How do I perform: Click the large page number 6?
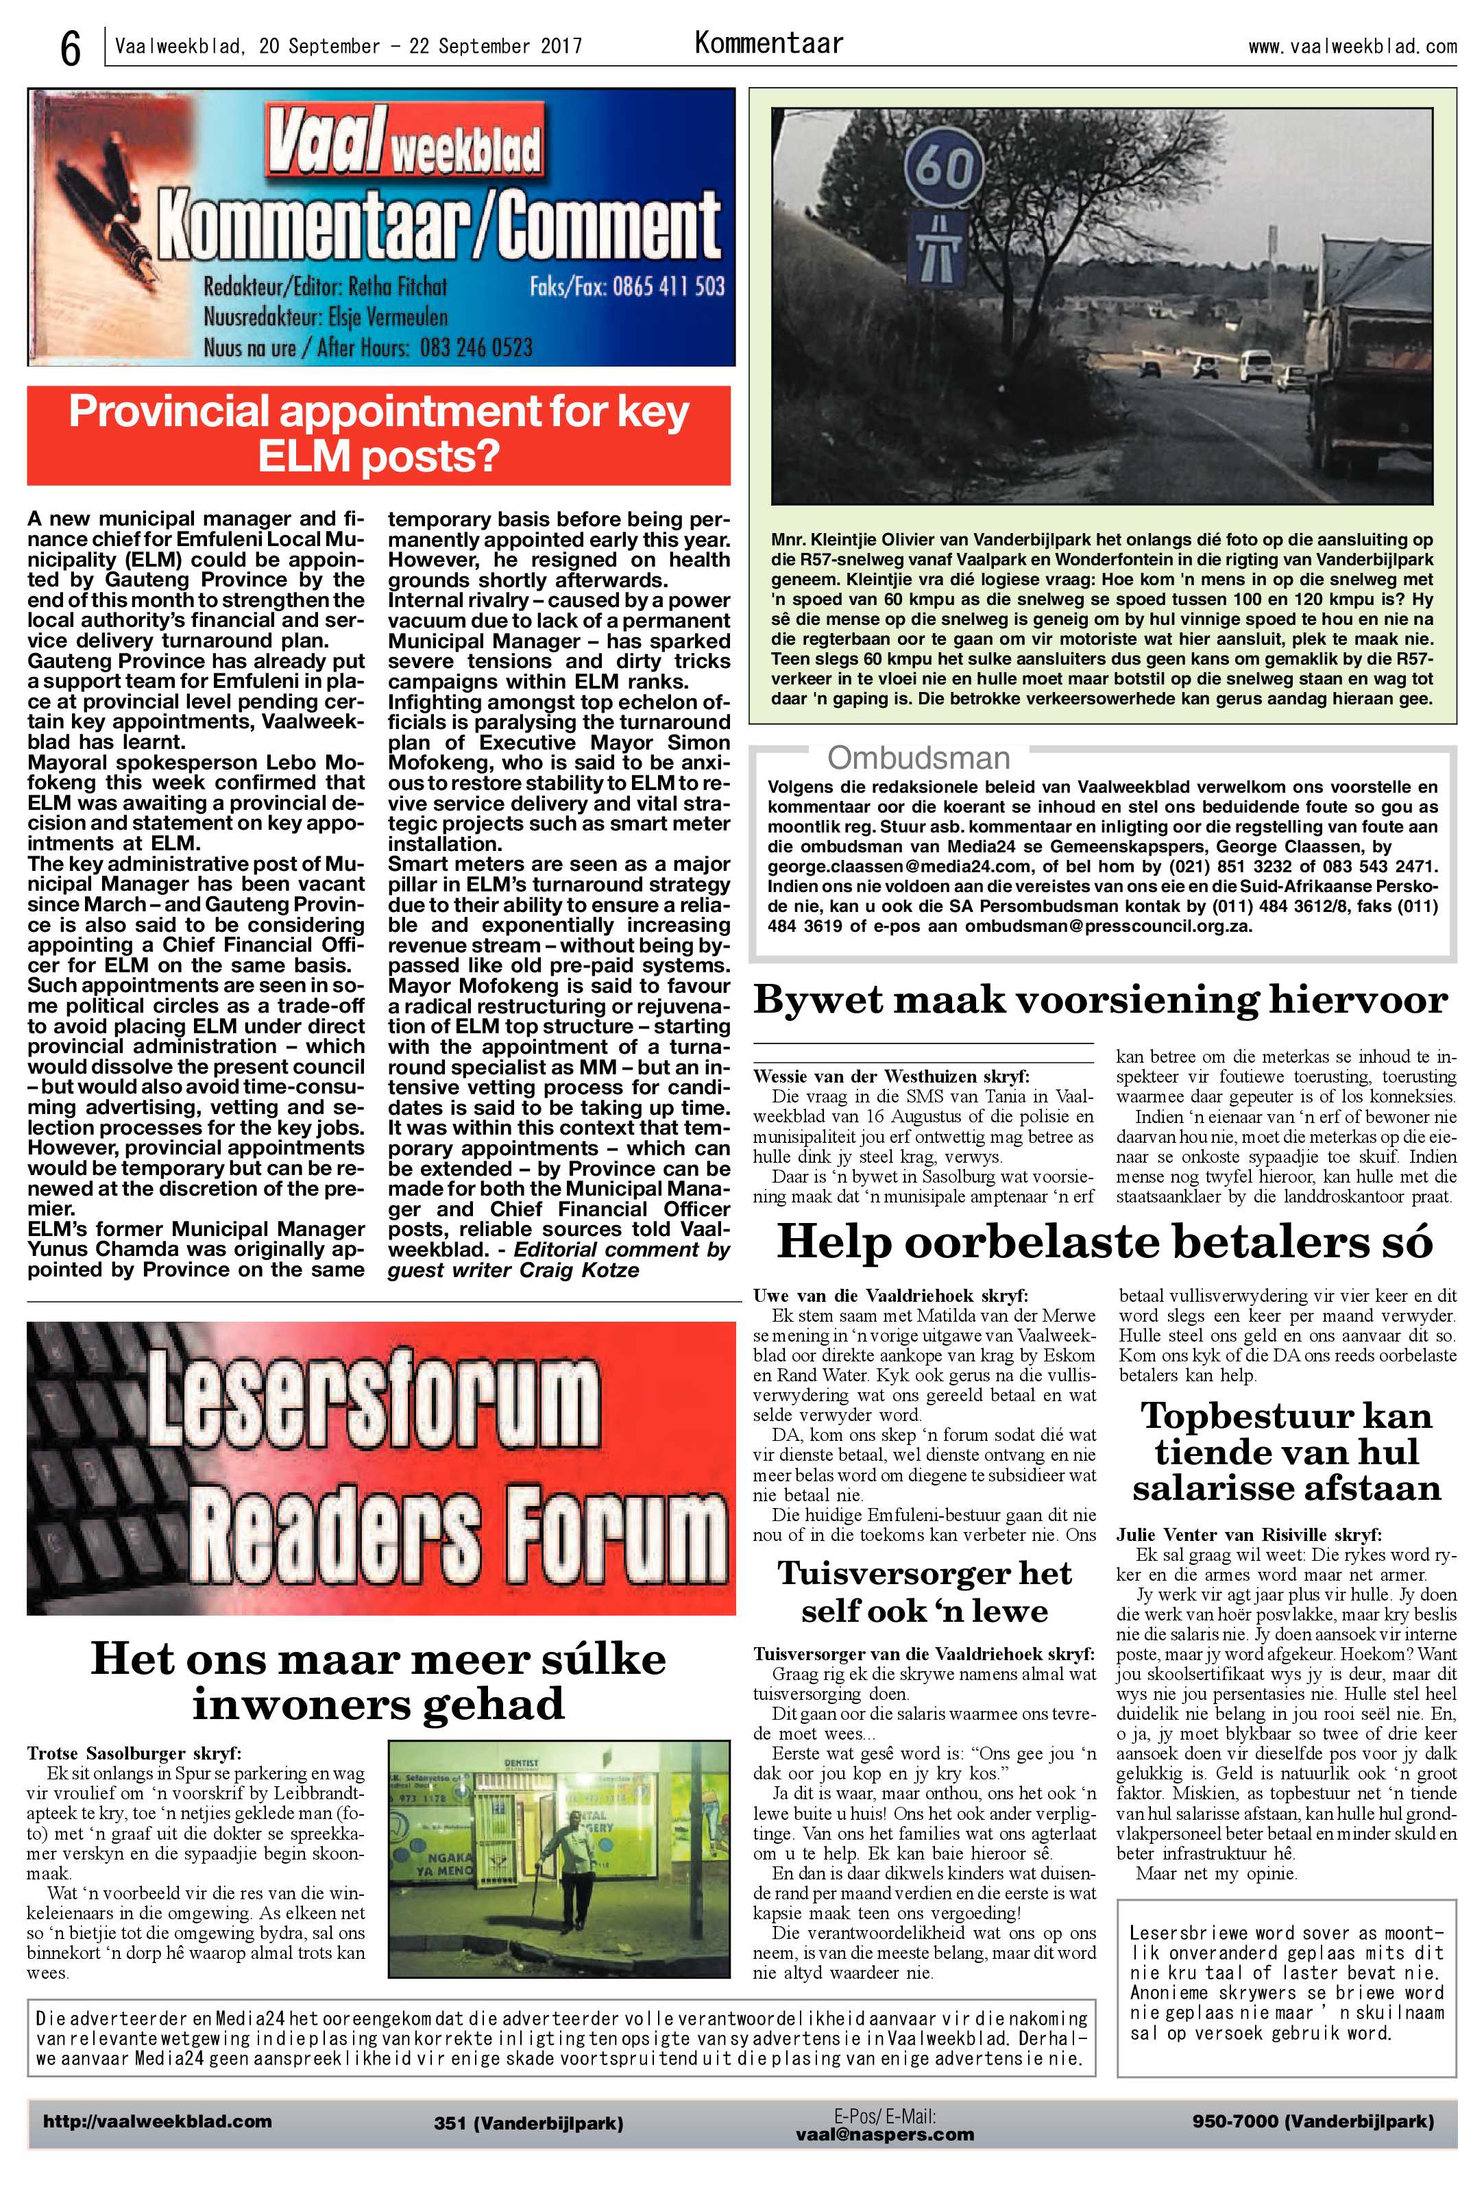point(70,47)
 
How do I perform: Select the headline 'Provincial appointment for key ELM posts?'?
point(378,434)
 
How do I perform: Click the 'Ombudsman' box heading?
point(918,758)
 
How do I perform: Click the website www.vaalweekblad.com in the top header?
point(1352,46)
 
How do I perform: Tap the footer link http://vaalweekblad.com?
point(157,2121)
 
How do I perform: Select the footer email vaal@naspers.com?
point(884,2134)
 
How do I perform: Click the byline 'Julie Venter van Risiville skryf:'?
point(1248,1534)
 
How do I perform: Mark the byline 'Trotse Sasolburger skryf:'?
point(134,1753)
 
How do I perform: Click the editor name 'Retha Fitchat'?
point(398,286)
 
